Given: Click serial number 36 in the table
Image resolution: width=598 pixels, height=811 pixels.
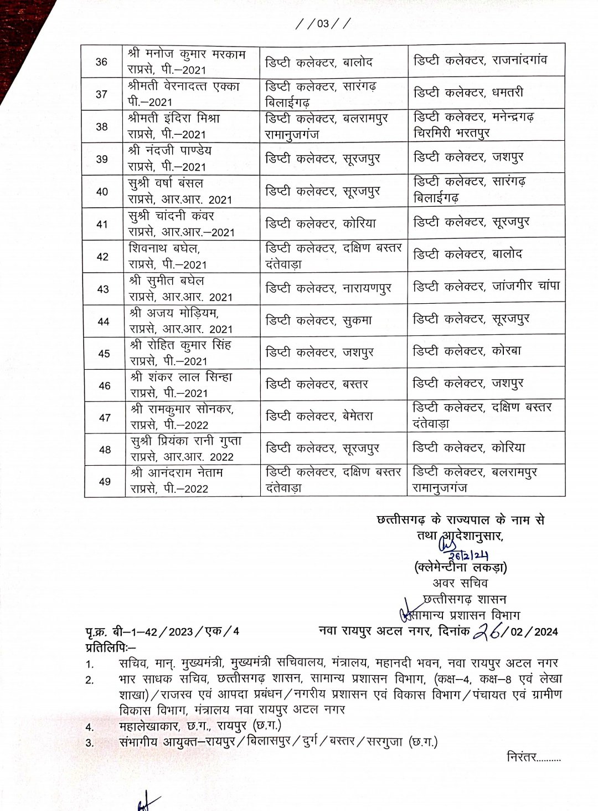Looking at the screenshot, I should click(102, 62).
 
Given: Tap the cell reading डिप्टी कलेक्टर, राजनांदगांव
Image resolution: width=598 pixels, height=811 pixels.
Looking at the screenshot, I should click(480, 59).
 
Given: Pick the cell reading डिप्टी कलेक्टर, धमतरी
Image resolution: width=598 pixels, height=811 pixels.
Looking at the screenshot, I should click(468, 92).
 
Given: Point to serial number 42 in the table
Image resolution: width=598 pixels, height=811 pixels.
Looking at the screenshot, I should click(102, 257).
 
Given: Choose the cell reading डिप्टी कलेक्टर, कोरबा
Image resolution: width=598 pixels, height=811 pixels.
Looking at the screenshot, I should click(467, 351).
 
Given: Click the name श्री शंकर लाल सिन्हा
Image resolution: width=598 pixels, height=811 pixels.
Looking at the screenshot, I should click(181, 377).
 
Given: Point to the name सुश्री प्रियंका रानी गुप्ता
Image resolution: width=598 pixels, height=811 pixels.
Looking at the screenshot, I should click(185, 441).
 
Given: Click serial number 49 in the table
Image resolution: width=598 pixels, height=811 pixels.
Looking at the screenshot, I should click(105, 482).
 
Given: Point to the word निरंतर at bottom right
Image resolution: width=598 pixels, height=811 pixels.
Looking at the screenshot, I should click(522, 756).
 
